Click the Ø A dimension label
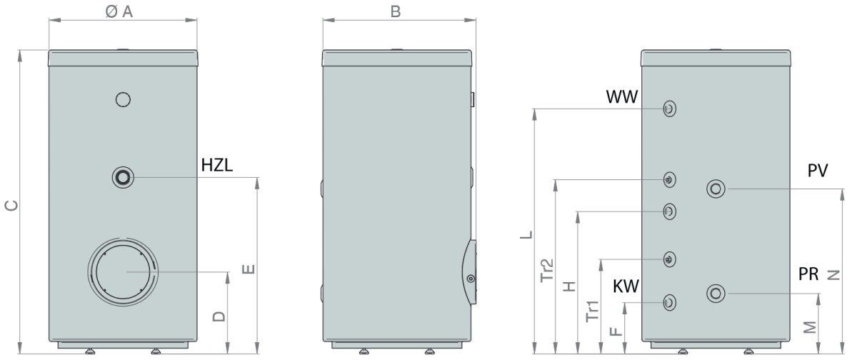(119, 12)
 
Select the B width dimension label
(396, 12)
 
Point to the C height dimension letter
(11, 206)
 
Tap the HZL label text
(217, 165)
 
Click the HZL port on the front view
(123, 178)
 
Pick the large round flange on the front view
(123, 272)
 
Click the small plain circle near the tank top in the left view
(123, 99)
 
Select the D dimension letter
(219, 316)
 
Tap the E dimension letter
(249, 269)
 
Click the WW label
(622, 97)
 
